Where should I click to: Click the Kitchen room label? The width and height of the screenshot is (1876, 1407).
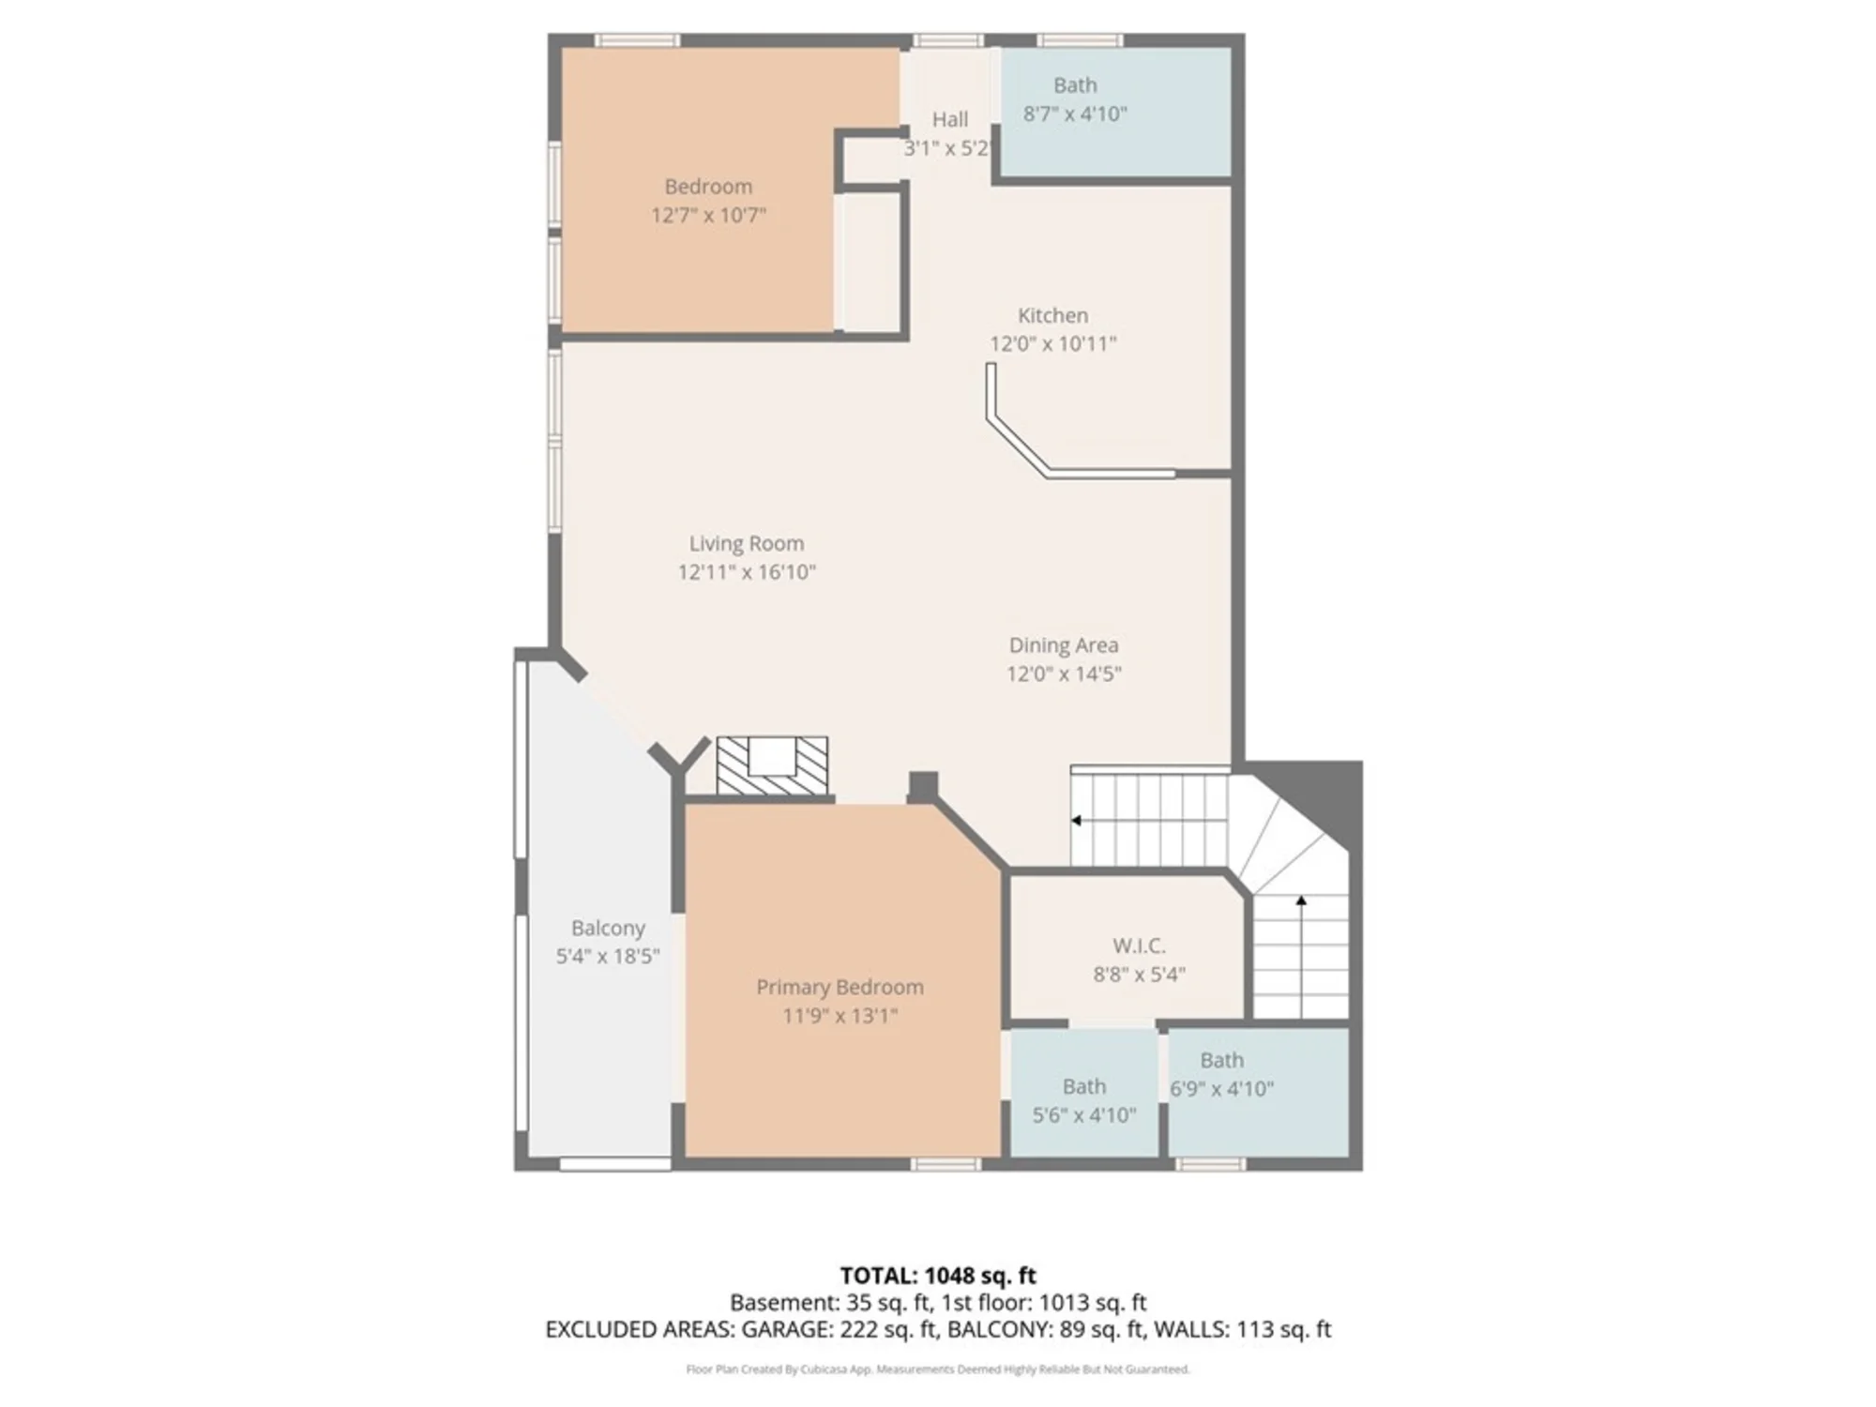(1052, 315)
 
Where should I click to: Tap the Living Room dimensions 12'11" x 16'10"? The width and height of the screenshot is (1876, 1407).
(747, 572)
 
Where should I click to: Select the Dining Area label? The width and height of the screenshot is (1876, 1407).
(1064, 645)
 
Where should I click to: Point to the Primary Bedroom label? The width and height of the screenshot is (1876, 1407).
(840, 987)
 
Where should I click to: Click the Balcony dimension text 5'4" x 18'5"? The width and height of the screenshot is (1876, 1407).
(608, 957)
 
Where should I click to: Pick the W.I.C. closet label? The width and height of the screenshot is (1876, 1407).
(1139, 946)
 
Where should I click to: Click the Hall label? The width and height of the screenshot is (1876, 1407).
(950, 119)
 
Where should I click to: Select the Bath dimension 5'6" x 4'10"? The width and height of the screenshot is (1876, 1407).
(1084, 1115)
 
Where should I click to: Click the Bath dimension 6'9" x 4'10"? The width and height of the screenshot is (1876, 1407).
(1221, 1089)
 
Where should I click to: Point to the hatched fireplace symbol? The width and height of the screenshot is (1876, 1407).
(772, 765)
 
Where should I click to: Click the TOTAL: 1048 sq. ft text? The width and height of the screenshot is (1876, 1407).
(938, 1276)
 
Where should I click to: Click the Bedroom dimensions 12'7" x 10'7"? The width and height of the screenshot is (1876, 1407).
(708, 216)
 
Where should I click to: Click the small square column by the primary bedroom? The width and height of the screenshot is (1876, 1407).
(923, 786)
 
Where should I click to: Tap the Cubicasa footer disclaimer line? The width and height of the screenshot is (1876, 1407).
(938, 1369)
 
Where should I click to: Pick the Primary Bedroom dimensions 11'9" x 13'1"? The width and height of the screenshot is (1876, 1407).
(840, 1016)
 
